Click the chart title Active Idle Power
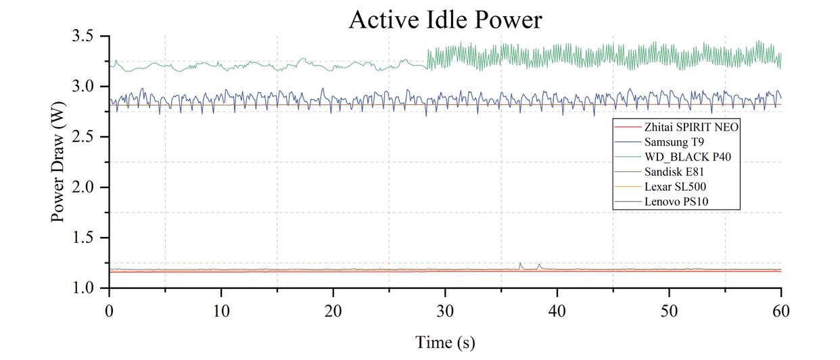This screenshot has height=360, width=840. [445, 20]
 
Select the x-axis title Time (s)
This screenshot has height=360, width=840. [445, 342]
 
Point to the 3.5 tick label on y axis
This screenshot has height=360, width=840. [87, 37]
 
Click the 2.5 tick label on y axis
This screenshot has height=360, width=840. [87, 137]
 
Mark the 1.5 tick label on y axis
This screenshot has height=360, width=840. [87, 238]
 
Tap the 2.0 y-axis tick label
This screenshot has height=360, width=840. [87, 187]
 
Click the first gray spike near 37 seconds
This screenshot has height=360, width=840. [520, 264]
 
